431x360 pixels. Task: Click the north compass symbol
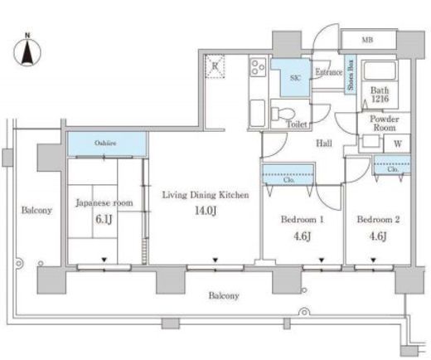[27, 51]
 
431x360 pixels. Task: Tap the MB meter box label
[367, 40]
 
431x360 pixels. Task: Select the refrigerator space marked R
[215, 66]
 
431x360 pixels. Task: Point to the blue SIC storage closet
[292, 78]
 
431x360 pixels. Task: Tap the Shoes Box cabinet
[351, 75]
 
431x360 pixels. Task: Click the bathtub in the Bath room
[380, 71]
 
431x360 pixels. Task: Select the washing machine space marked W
[397, 144]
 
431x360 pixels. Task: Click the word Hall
[324, 143]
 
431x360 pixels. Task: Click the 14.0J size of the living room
[206, 211]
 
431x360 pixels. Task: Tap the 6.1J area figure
[104, 220]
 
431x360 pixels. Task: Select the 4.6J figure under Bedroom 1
[302, 236]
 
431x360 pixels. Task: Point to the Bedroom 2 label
[378, 220]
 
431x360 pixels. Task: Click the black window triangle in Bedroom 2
[373, 260]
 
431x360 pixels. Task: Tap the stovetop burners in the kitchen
[258, 67]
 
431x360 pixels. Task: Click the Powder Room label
[385, 124]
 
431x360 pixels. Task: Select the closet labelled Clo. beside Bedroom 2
[392, 165]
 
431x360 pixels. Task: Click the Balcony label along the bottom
[224, 296]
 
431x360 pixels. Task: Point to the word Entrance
[329, 72]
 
